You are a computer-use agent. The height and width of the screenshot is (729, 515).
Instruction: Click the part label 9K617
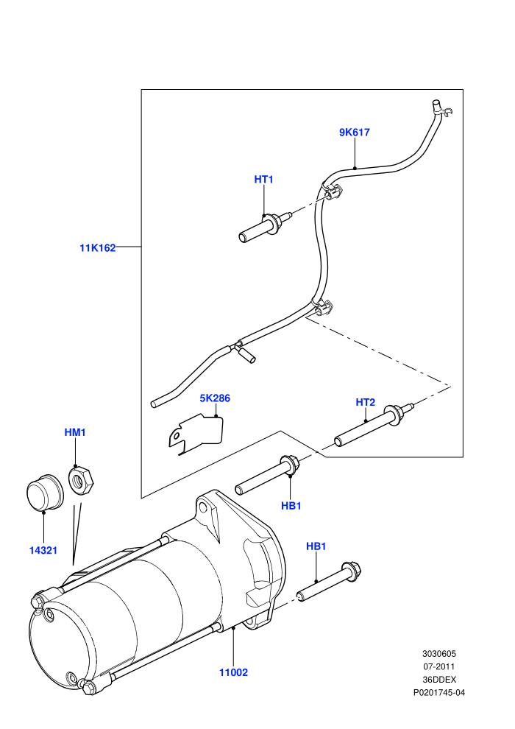tap(355, 133)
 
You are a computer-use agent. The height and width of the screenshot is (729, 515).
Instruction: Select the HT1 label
tap(264, 180)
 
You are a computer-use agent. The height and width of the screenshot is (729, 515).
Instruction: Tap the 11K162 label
tap(98, 248)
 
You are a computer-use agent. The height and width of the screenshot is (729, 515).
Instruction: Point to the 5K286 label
tap(215, 398)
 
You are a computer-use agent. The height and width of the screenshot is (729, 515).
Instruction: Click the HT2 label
tap(366, 402)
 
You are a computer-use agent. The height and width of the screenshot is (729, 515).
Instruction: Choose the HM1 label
tap(75, 433)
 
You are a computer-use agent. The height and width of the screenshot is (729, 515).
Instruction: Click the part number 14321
tap(43, 551)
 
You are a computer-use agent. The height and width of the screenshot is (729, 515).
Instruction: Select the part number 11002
tap(233, 672)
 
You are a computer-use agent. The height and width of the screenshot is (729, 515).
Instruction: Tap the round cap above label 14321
tap(43, 493)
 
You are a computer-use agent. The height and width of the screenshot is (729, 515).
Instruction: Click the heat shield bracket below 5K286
tap(196, 434)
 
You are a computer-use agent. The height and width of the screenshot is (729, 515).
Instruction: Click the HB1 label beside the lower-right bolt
tap(316, 546)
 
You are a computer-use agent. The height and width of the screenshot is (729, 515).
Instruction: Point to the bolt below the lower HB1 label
tap(330, 582)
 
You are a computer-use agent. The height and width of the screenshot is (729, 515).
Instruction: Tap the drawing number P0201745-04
tap(439, 693)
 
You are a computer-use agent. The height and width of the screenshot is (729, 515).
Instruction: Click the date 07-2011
tap(438, 666)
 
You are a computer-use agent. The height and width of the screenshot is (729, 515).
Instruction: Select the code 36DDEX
tap(439, 680)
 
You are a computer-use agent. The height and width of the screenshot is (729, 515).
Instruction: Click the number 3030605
tap(439, 654)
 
